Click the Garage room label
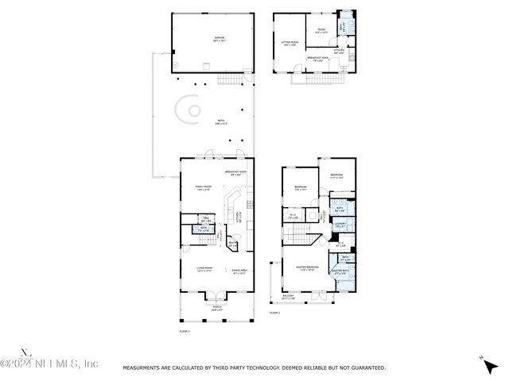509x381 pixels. pos(218,39)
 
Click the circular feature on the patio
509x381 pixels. pos(191,110)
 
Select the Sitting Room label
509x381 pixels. pos(290,44)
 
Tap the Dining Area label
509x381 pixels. pos(238,271)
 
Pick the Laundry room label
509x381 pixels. pos(340,225)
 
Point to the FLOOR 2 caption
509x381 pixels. pos(276,314)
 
